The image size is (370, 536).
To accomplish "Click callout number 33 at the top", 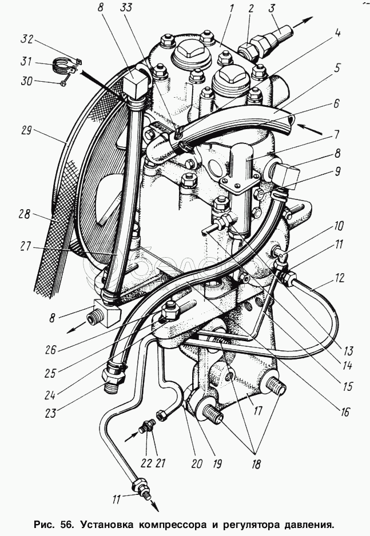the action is pos(126,7).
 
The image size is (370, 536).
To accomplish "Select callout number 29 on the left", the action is pos(26,131).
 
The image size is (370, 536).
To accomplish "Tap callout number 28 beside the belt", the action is pos(25,215).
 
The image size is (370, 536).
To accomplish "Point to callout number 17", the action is pos(257,410).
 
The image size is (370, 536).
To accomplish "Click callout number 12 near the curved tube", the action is pos(339,278).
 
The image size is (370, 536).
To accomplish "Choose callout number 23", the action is pos(50,413).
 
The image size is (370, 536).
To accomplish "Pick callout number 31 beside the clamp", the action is pos(26,62).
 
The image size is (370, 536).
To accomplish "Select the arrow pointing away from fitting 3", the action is pos(303,21).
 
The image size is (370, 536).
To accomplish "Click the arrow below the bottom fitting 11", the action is pos(155,505).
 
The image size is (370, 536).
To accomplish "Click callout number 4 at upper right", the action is pos(337,34).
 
